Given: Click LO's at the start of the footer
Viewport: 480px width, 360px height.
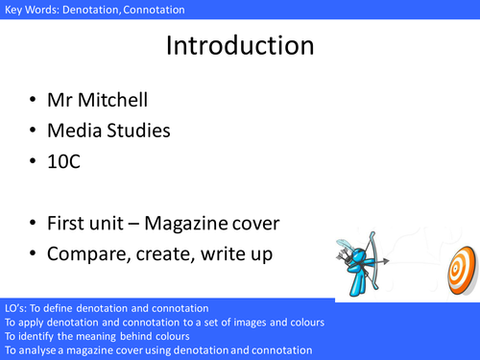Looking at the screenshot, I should tap(15, 307).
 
